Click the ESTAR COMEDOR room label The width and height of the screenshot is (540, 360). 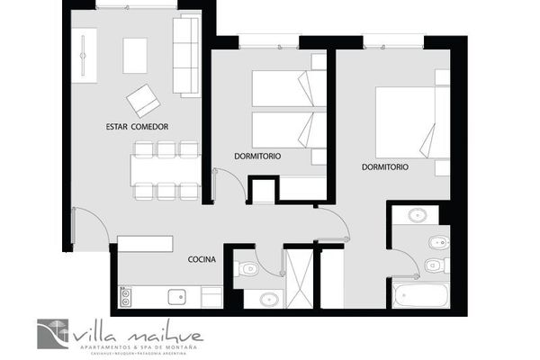pos(137,127)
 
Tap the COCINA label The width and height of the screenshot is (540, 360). pos(202,259)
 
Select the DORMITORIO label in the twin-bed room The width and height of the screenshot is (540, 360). pos(257,156)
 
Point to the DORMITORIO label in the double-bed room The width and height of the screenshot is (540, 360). pos(385,167)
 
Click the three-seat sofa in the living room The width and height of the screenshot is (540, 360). pos(185,56)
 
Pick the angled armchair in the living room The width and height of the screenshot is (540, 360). pos(143,98)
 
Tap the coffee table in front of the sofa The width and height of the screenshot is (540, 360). pos(136,56)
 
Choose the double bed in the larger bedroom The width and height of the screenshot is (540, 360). pos(405,123)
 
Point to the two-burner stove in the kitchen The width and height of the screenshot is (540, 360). pos(126,296)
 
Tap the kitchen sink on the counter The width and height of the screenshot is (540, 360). pos(178,296)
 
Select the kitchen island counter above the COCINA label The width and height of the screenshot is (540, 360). pos(144,243)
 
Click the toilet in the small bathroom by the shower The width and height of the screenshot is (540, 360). pos(247,266)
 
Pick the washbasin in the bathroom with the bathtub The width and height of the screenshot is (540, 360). pos(418,215)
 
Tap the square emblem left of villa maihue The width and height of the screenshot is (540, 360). pos(53,334)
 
